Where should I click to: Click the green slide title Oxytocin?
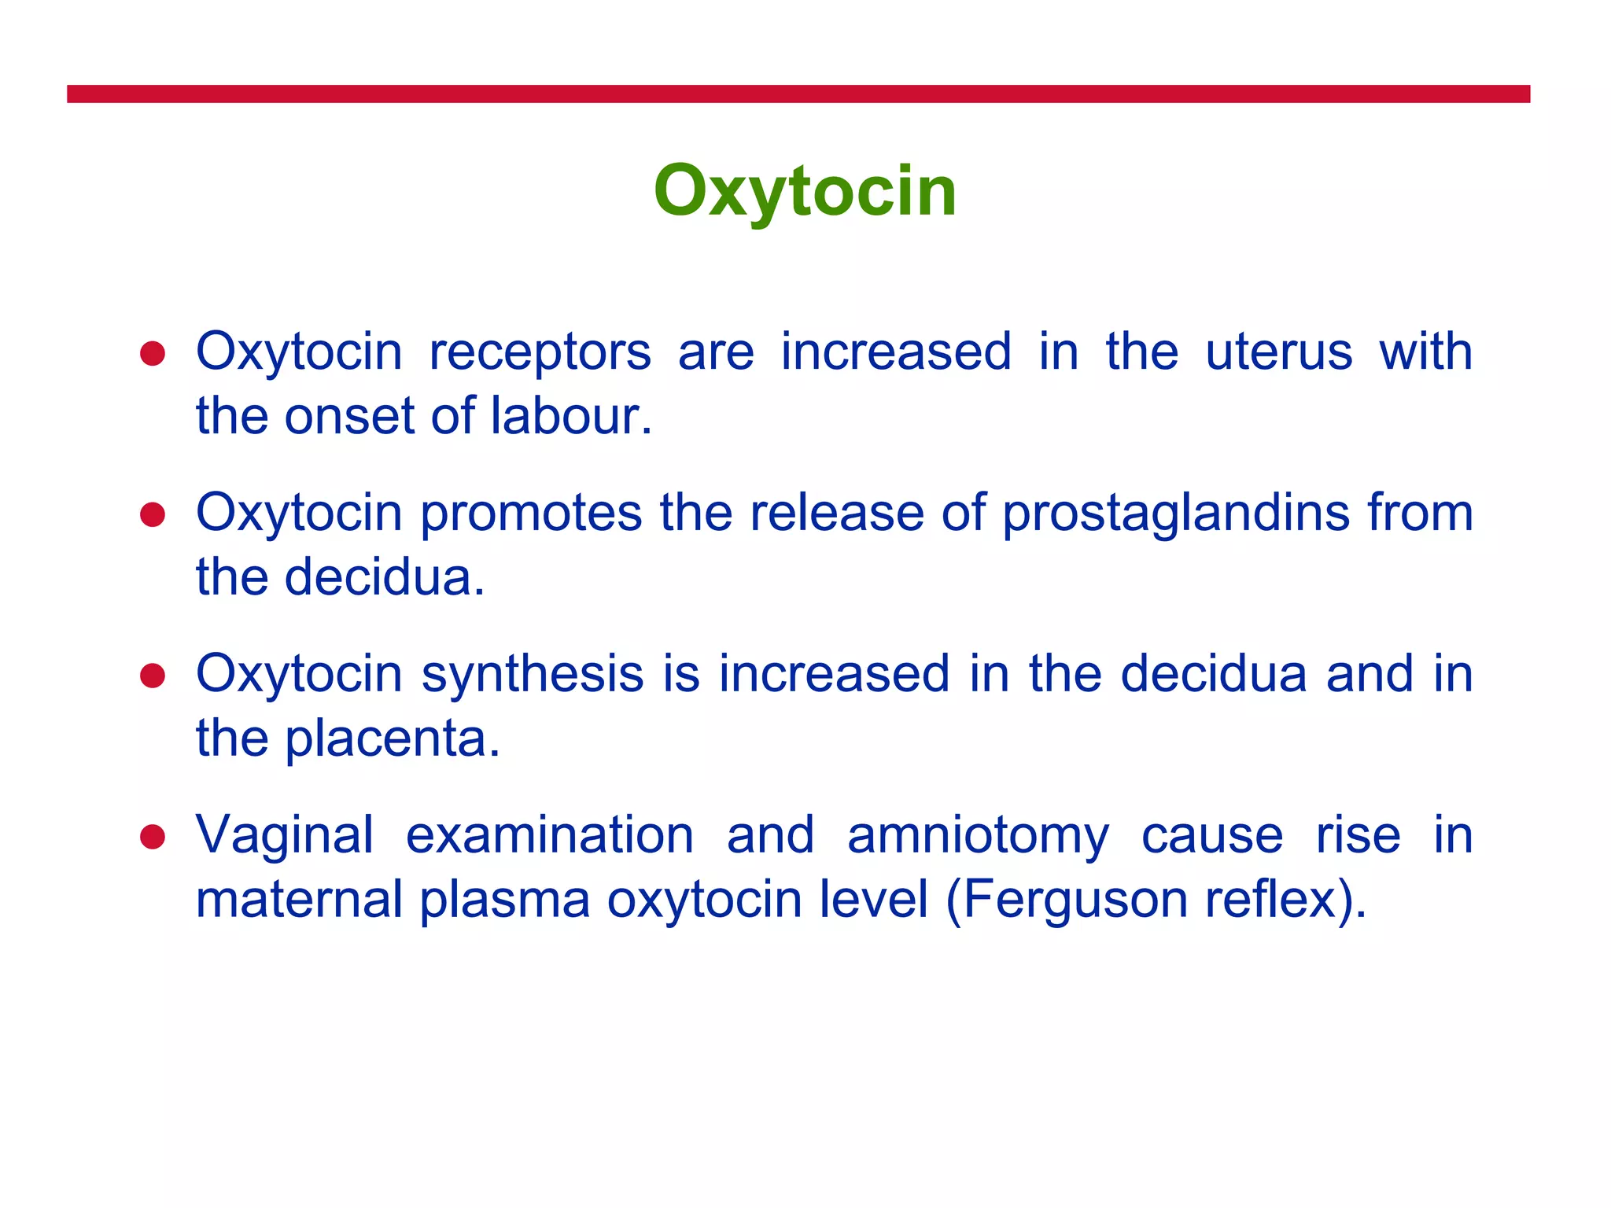point(805,191)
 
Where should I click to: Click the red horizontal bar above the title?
point(798,94)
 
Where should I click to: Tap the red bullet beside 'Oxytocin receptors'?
point(152,353)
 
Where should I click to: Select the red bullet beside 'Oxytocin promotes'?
point(152,514)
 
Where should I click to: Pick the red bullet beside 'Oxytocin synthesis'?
point(152,676)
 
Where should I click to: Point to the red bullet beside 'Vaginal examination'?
point(152,837)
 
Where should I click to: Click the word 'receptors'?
point(540,353)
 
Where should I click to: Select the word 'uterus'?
point(1278,352)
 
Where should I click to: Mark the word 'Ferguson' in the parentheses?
point(1074,900)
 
